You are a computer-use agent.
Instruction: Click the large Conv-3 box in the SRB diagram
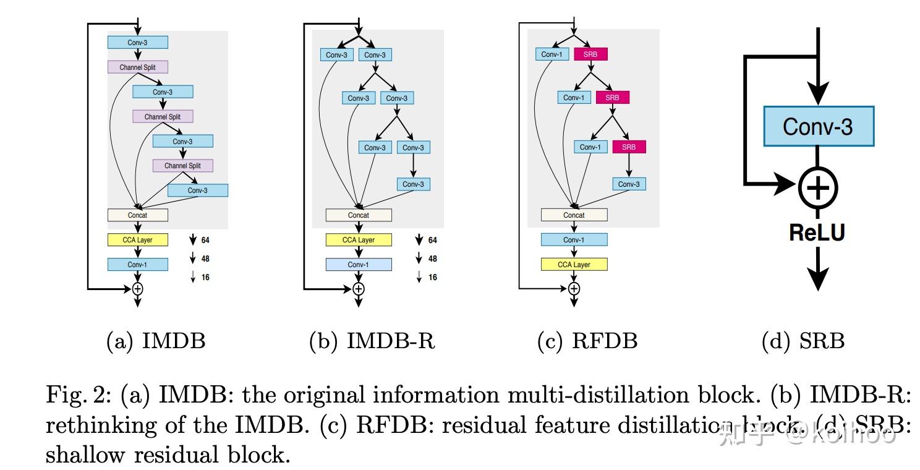[x=818, y=126]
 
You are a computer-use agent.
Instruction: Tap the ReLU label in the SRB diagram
[x=817, y=233]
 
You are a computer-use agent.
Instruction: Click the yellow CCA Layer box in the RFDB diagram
[x=574, y=265]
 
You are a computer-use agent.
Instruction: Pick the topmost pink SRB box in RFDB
[x=590, y=54]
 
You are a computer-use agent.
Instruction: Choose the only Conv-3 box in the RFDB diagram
[x=628, y=184]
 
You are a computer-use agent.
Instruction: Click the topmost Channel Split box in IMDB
[x=137, y=67]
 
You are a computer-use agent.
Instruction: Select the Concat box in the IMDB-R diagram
[x=359, y=215]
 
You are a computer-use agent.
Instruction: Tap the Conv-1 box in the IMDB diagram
[x=137, y=265]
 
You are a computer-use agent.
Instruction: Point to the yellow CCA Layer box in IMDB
[x=137, y=240]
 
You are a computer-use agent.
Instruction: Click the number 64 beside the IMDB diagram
[x=205, y=240]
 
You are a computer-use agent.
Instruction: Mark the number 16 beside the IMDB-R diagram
[x=433, y=277]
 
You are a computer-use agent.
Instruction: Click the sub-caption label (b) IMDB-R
[x=372, y=341]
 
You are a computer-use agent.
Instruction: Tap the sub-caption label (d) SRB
[x=803, y=341]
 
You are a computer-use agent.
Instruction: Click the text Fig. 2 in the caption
[x=79, y=395]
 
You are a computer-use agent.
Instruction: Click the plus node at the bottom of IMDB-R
[x=359, y=289]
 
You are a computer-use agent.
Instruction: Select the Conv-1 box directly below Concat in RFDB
[x=574, y=240]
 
